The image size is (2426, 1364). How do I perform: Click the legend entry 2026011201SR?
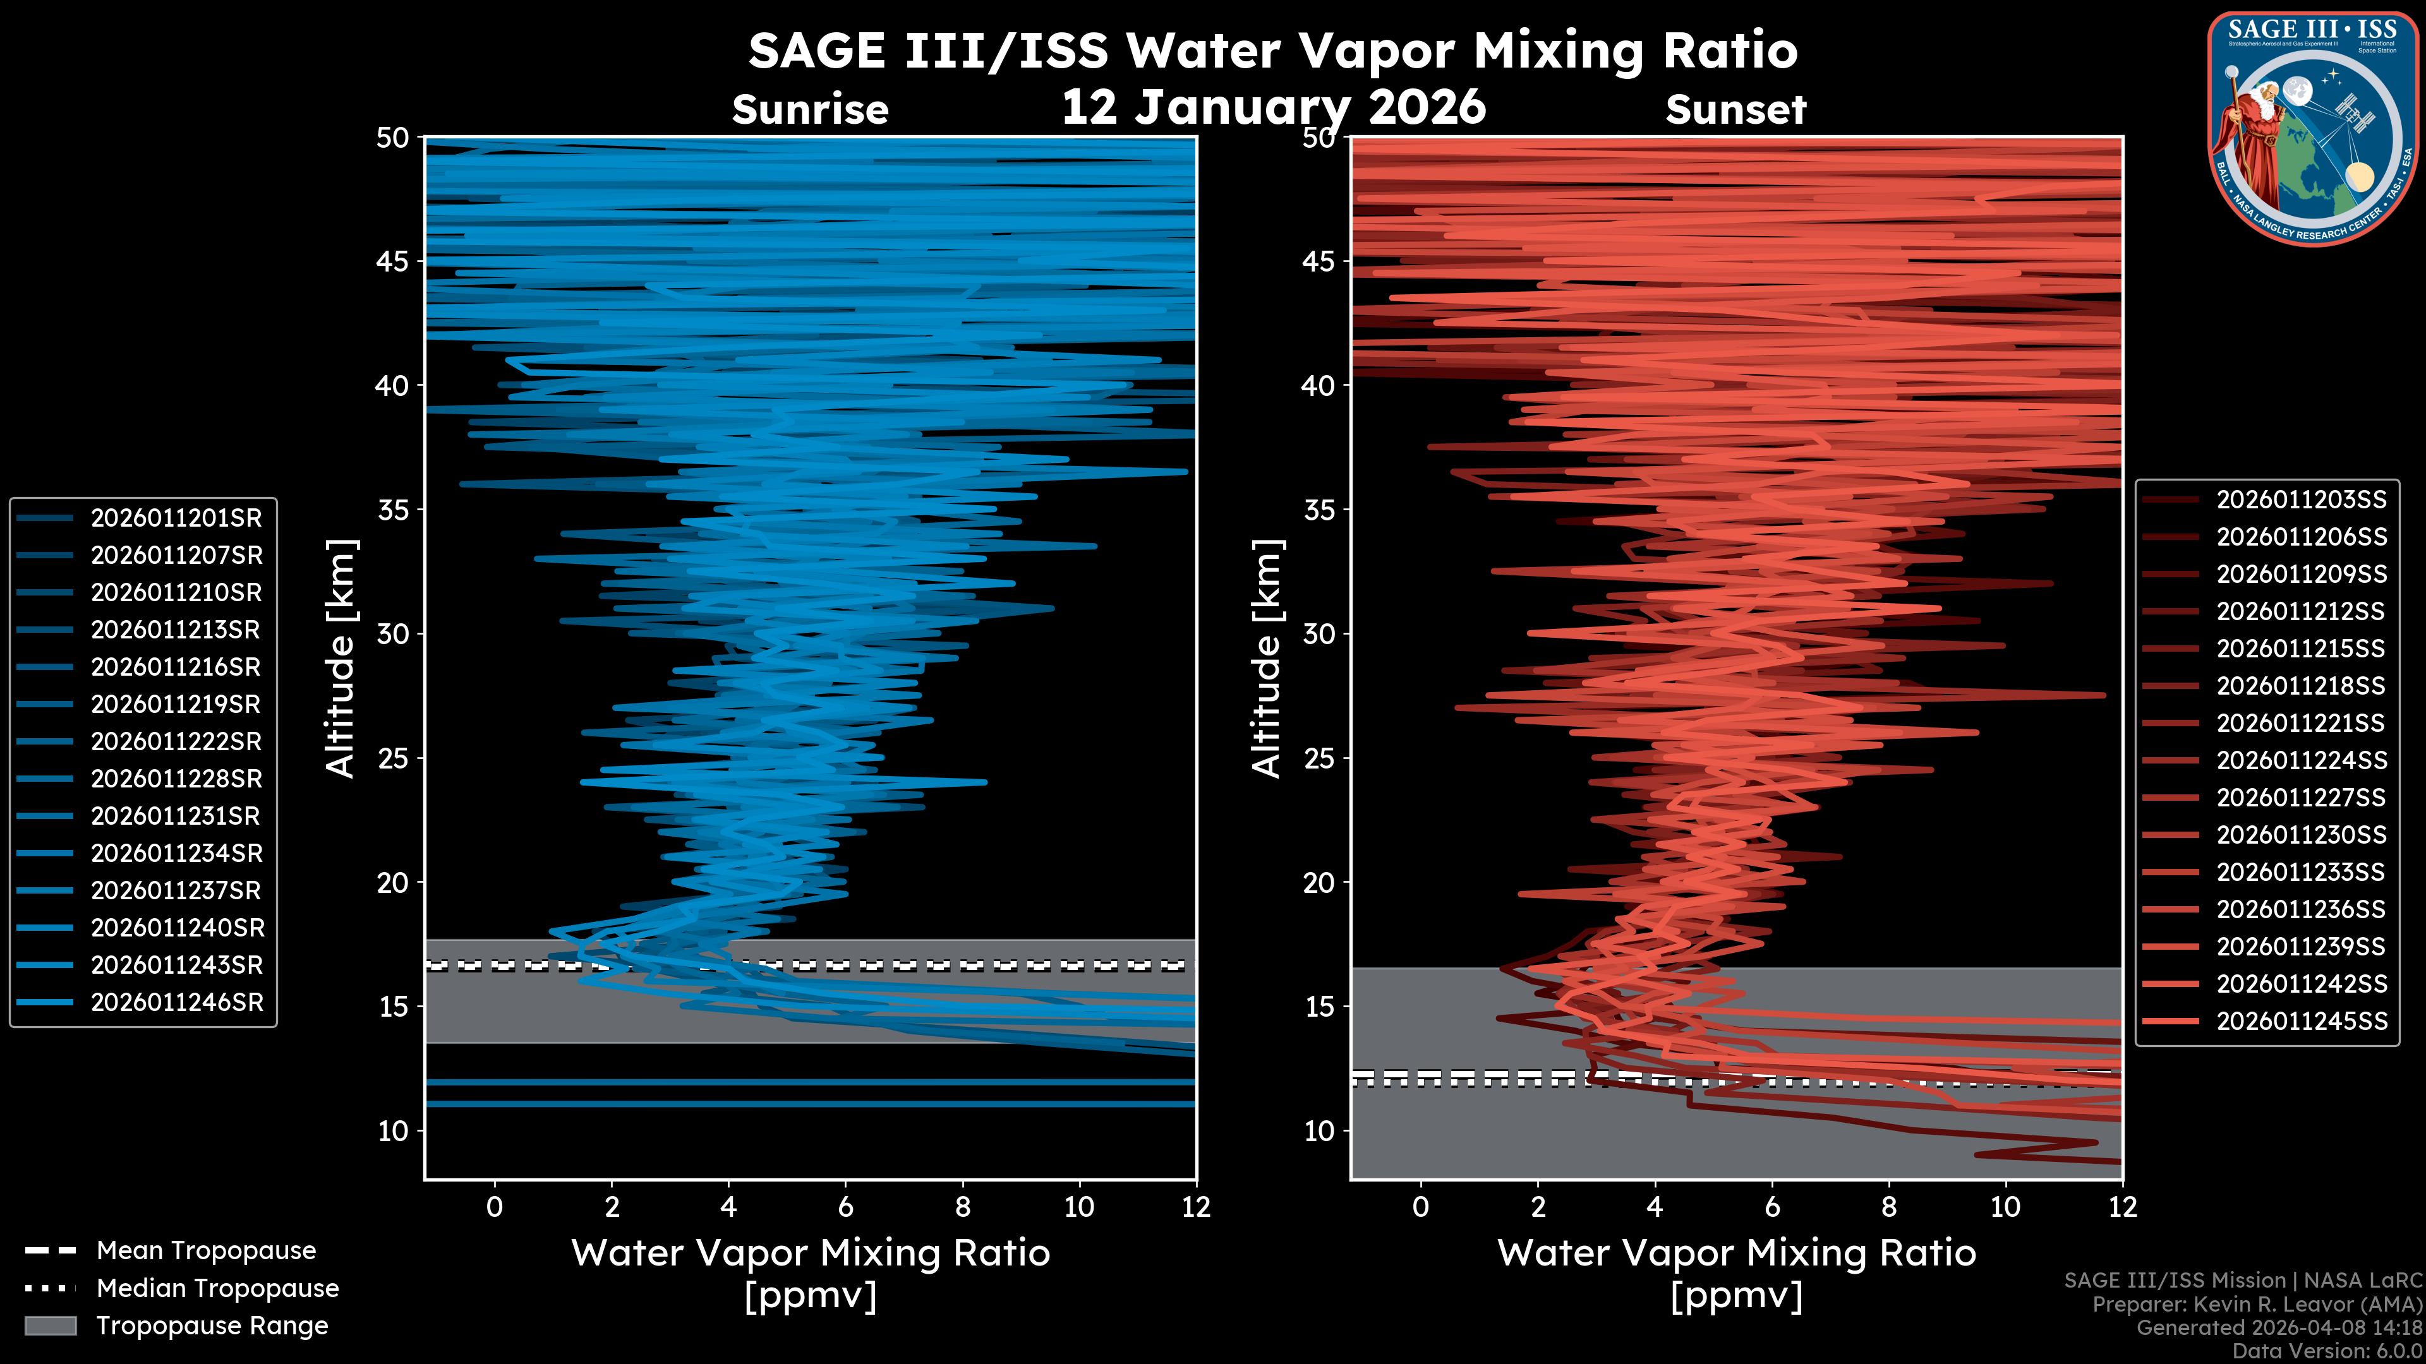(176, 518)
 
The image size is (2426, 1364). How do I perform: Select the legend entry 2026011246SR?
(176, 1003)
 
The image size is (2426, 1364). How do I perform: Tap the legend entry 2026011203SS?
(2301, 500)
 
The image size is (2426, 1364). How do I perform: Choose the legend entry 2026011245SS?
(2301, 1021)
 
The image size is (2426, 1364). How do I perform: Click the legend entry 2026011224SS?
(2301, 760)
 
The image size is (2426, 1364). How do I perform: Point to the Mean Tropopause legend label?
(206, 1251)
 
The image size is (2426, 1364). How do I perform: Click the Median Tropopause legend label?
(217, 1289)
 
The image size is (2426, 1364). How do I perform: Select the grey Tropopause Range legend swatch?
(51, 1325)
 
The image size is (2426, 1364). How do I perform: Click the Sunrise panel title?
(810, 110)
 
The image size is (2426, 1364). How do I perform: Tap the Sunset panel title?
(1735, 110)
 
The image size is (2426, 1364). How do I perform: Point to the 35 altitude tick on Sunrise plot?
(394, 510)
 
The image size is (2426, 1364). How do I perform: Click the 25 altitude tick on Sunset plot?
(1320, 758)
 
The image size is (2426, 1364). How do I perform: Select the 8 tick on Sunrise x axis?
(962, 1207)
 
